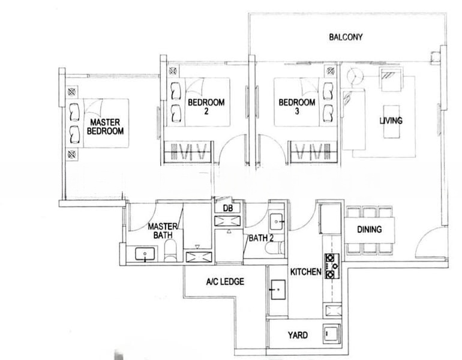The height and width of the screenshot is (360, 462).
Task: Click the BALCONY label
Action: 346,37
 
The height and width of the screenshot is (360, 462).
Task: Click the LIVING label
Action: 391,121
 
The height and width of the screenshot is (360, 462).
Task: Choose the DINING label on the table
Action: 370,229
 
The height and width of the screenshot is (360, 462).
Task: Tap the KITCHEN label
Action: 305,272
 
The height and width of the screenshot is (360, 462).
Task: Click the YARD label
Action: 298,335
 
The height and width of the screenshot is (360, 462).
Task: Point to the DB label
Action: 227,208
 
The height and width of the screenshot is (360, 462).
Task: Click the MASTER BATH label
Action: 162,230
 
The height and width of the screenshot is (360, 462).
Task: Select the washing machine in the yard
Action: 331,334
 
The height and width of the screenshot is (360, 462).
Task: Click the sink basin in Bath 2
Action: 278,221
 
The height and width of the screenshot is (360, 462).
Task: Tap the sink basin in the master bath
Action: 144,255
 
